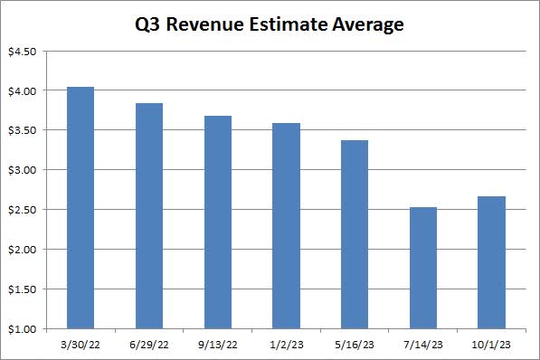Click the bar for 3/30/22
(80, 208)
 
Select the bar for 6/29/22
(148, 216)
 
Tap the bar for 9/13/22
(217, 223)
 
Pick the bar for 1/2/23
(286, 226)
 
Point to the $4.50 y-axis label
(21, 52)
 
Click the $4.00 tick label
(21, 91)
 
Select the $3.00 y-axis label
(21, 170)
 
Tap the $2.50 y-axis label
(21, 210)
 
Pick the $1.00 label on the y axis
(21, 328)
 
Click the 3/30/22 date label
(80, 345)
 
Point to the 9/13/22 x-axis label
(217, 345)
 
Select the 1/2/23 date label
(286, 345)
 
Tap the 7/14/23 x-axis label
(422, 345)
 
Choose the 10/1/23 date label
(491, 345)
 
